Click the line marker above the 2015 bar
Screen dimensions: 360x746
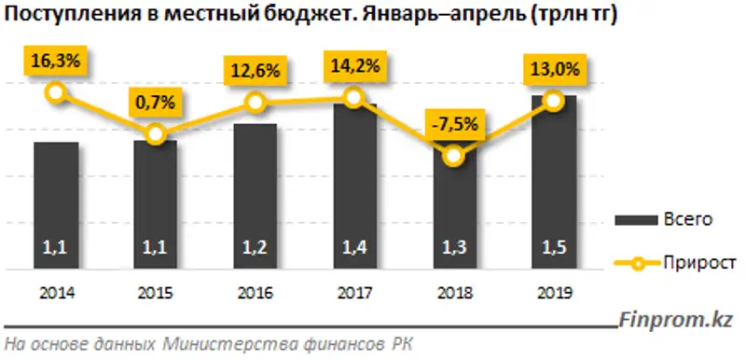(157, 136)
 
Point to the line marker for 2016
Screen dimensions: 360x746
(255, 104)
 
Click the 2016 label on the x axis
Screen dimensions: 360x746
(255, 291)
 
